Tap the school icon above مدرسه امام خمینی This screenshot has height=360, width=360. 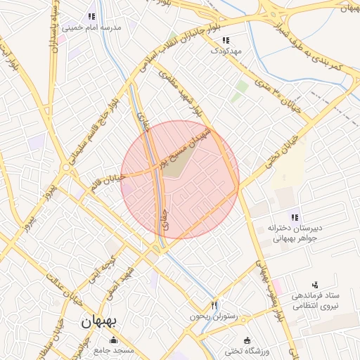pyautogui.click(x=91, y=17)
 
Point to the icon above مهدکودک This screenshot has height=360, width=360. pyautogui.click(x=226, y=41)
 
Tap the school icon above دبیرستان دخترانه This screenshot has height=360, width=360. pyautogui.click(x=295, y=217)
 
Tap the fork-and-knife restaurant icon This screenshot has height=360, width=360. pyautogui.click(x=214, y=306)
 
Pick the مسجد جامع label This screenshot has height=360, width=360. pyautogui.click(x=115, y=350)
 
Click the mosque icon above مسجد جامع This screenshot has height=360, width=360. pyautogui.click(x=115, y=341)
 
